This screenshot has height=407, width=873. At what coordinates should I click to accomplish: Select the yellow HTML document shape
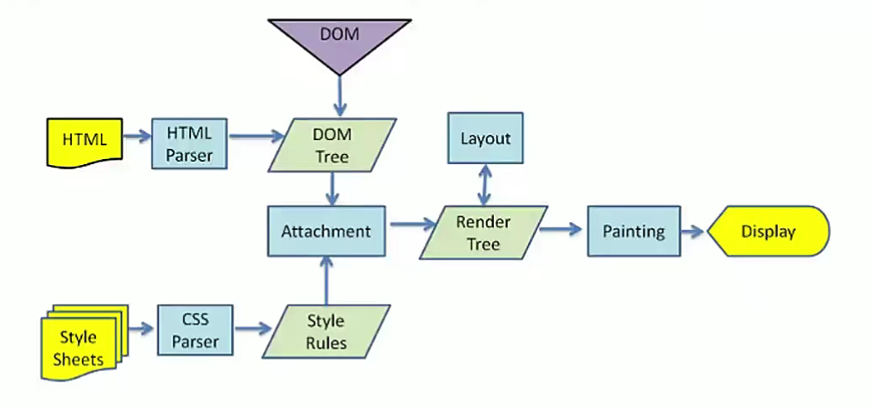click(83, 139)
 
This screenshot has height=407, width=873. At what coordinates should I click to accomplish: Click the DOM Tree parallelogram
click(331, 145)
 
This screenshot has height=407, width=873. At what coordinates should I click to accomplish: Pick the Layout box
click(484, 138)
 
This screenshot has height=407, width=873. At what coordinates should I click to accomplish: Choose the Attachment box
click(325, 231)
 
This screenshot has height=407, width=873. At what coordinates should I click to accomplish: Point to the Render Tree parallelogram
click(483, 233)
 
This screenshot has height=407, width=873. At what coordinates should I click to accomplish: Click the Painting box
click(633, 231)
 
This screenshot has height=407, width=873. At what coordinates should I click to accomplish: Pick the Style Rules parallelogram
click(326, 332)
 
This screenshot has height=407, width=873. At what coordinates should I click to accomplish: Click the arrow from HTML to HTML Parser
click(136, 135)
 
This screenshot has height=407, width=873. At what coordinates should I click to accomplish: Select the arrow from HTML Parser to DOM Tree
click(256, 135)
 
